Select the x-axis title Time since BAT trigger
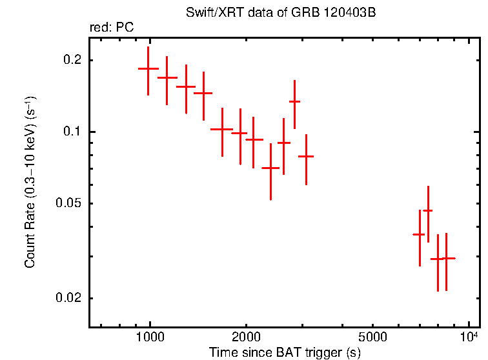pyautogui.click(x=284, y=353)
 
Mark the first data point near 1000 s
pyautogui.click(x=148, y=68)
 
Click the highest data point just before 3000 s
pyautogui.click(x=294, y=101)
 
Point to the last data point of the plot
pyautogui.click(x=446, y=258)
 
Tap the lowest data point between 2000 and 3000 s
pyautogui.click(x=270, y=168)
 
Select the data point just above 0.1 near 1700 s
pyautogui.click(x=221, y=129)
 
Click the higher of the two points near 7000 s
pyautogui.click(x=427, y=211)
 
